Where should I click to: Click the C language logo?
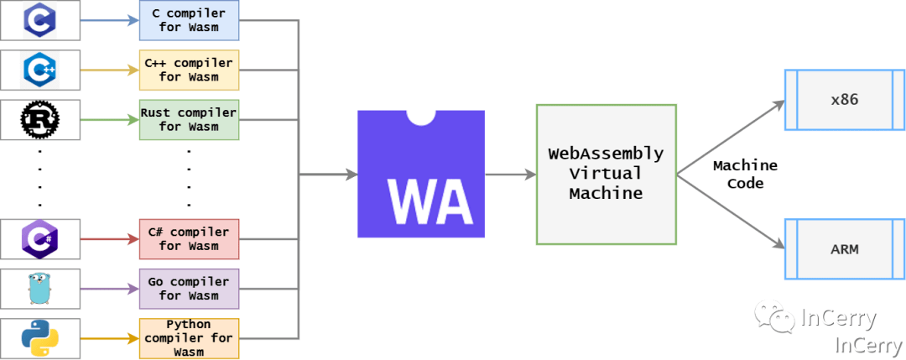click(39, 20)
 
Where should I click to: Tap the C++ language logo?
click(39, 70)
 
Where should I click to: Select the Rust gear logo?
click(39, 120)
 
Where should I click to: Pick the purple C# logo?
click(39, 238)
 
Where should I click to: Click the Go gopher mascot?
click(39, 289)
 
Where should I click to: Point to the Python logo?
click(39, 338)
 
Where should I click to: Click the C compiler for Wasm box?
click(190, 20)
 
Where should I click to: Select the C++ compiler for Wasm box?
click(190, 70)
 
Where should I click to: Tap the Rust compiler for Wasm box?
click(190, 120)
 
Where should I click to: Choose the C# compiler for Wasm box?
click(190, 239)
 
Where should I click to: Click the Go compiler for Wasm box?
click(190, 289)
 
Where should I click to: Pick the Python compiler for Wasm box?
click(190, 338)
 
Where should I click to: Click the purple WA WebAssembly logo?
click(421, 175)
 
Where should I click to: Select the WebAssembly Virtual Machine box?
click(606, 175)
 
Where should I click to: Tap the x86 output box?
click(844, 100)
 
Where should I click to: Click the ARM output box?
click(844, 248)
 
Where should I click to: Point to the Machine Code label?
click(745, 175)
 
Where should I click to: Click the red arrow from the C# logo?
click(110, 239)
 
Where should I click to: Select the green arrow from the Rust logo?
click(110, 120)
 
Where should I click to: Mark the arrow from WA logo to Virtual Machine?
click(510, 175)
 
